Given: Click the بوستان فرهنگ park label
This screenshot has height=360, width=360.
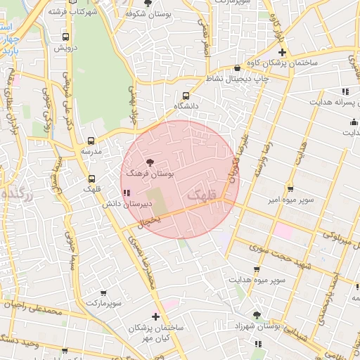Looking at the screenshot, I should (x=149, y=172).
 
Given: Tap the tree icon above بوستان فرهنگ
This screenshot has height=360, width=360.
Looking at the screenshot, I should (x=149, y=162).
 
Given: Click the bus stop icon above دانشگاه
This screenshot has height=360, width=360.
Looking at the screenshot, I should (x=186, y=96).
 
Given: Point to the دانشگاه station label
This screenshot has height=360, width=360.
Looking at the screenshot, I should (x=186, y=106).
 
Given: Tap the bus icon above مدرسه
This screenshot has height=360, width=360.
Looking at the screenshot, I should (x=91, y=141).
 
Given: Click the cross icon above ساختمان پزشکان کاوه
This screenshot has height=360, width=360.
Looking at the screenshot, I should (x=282, y=53).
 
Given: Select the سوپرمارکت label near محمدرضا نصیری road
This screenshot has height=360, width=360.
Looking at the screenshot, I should (x=105, y=303).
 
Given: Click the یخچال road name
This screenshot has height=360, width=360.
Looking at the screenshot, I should (x=151, y=221).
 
